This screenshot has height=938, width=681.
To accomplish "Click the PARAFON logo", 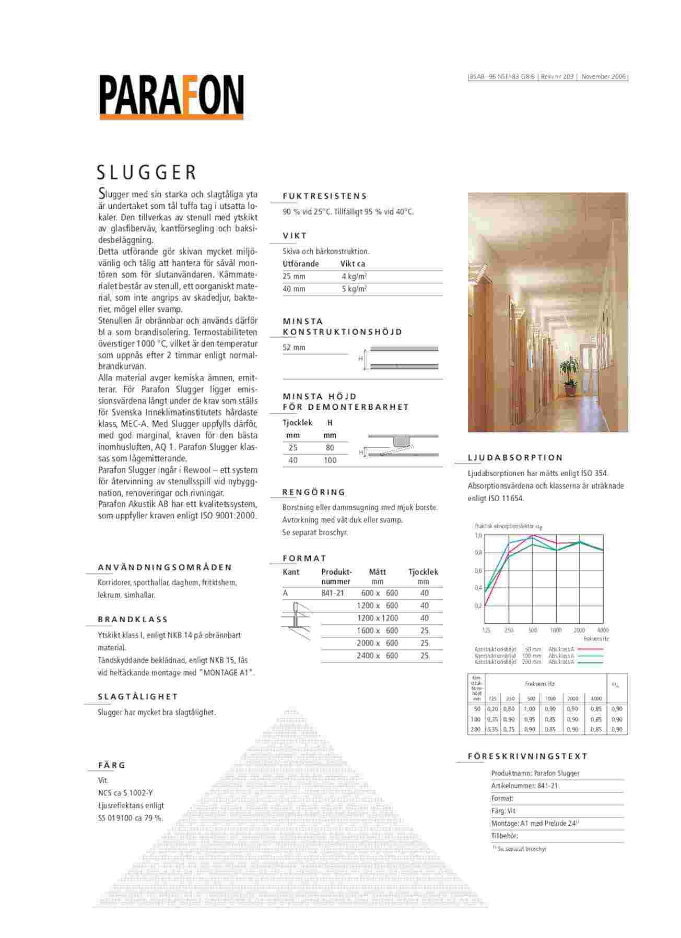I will (171, 97).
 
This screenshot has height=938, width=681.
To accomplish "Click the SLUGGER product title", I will (147, 172).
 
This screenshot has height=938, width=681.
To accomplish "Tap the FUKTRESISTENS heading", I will (325, 196).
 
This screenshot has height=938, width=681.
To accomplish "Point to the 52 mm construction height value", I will (294, 348).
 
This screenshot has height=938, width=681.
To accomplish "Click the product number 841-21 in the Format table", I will (333, 593).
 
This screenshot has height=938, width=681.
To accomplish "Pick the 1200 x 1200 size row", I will (377, 618).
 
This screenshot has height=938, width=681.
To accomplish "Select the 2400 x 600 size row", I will (377, 656).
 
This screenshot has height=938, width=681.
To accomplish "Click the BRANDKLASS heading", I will (133, 620).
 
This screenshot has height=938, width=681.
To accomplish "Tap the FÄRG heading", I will (112, 765).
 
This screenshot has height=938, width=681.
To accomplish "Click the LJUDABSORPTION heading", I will (515, 458).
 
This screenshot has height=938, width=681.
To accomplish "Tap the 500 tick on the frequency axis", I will (533, 631).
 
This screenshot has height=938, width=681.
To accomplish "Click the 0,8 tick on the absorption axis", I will (478, 553).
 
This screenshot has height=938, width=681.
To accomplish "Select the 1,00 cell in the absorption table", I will (530, 709).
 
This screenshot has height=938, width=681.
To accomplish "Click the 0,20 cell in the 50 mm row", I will (492, 709).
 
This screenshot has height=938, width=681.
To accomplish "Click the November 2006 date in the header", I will (603, 77).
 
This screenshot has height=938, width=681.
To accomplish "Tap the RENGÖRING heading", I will (314, 492).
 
